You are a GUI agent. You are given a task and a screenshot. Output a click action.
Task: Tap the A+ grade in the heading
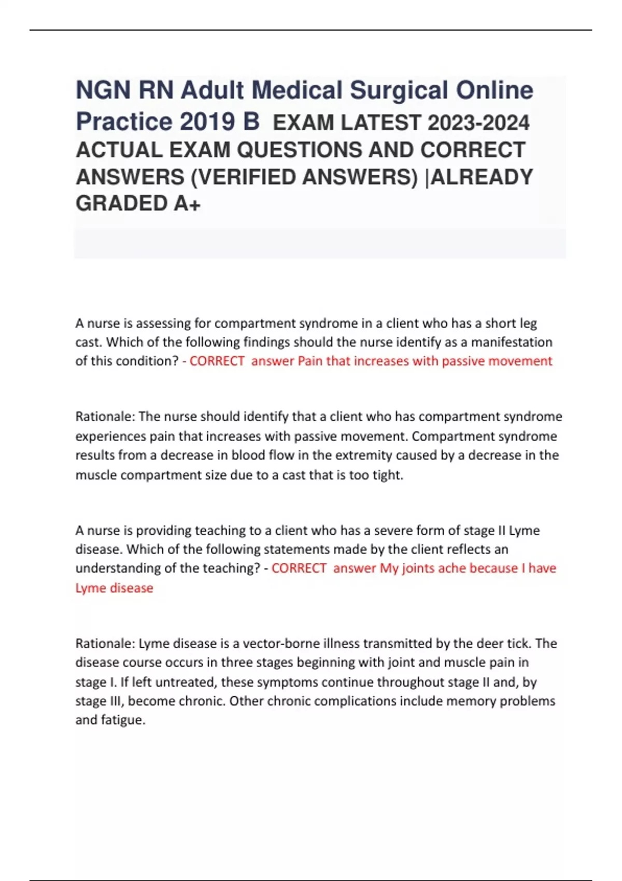pos(187,203)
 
